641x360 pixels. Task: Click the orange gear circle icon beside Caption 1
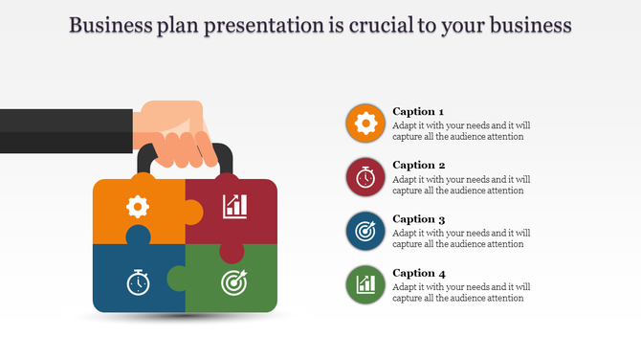(x=365, y=124)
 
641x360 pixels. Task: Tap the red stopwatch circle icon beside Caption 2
(x=365, y=177)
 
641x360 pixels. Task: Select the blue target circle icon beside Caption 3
(x=365, y=231)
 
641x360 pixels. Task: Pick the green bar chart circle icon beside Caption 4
(x=365, y=284)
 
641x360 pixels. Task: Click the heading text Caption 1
(x=419, y=111)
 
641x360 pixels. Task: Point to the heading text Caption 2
(x=419, y=165)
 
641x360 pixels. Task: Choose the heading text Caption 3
(x=419, y=218)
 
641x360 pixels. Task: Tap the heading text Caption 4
(x=419, y=272)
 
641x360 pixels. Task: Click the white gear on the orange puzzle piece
(x=139, y=205)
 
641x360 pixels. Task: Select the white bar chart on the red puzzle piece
(x=234, y=205)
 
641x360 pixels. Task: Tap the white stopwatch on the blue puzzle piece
(x=139, y=282)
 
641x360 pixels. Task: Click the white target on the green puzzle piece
(x=233, y=282)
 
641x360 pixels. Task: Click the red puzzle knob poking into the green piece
(x=231, y=252)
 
